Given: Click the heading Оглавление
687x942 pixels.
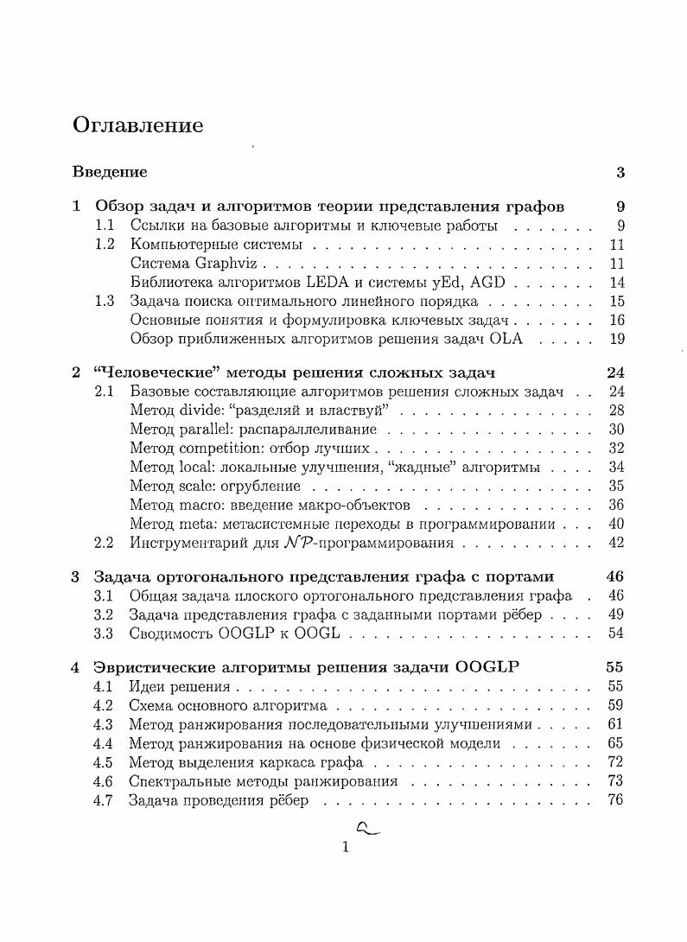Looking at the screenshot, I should (138, 126).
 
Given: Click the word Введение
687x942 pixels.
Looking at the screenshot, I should (110, 172).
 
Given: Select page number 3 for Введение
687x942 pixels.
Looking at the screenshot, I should (620, 172).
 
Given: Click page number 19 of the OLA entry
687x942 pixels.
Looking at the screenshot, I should (616, 339).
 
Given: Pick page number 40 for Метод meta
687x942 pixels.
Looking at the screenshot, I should (616, 524).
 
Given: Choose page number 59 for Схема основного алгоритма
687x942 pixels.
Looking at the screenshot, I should (616, 705).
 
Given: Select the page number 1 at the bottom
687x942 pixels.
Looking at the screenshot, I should (345, 848).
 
